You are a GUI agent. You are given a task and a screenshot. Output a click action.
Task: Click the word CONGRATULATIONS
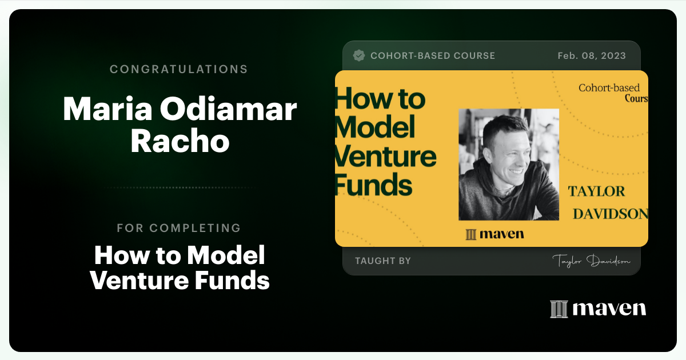178,69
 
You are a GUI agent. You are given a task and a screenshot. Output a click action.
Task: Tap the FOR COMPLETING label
178,228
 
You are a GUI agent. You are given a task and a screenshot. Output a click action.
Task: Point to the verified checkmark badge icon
359,55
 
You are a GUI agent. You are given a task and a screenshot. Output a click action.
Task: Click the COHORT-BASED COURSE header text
432,55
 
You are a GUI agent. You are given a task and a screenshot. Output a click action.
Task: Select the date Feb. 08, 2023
591,55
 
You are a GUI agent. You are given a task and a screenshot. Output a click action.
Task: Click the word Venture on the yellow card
385,156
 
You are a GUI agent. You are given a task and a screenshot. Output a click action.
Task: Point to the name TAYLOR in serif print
596,191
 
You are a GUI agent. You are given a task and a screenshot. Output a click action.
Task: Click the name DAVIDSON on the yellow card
610,214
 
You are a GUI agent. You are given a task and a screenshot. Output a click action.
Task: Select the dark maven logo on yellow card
494,234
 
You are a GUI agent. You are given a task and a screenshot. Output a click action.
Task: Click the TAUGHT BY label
382,261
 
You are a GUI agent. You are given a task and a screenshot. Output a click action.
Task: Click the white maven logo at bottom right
597,309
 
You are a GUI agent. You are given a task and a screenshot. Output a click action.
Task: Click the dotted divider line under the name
178,187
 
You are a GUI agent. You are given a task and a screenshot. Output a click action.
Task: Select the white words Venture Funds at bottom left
180,281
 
